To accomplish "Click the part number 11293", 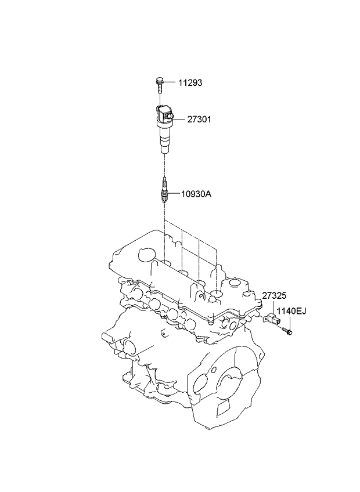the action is [x=190, y=83].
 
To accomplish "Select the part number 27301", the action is [x=199, y=120].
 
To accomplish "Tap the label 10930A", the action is [x=196, y=194].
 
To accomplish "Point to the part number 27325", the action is [x=275, y=295].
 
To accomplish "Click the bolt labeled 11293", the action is [x=160, y=85].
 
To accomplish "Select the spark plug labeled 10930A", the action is [x=164, y=190].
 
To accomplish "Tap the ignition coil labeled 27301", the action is [x=164, y=129].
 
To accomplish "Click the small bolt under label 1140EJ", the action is [x=287, y=331].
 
